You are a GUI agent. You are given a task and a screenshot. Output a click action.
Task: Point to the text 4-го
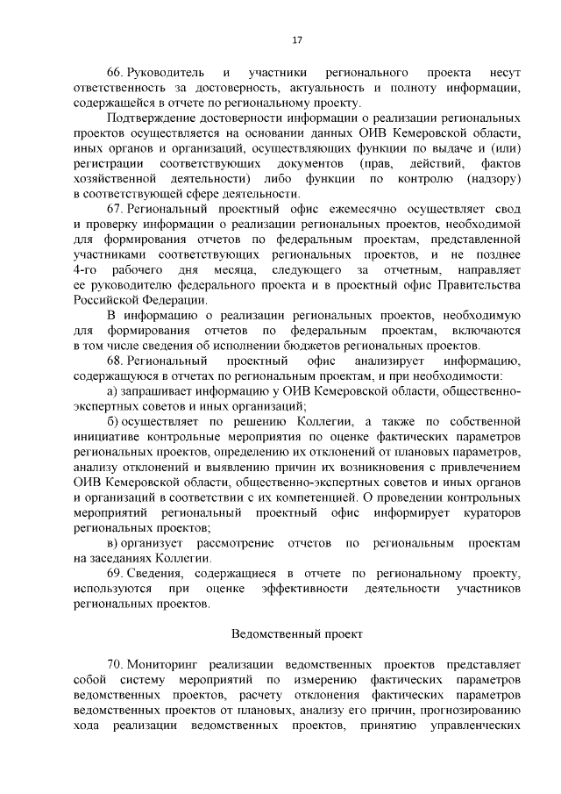(x=88, y=269)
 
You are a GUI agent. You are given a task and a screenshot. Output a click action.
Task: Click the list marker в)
(x=112, y=543)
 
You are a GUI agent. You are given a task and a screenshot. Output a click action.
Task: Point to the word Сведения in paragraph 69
(x=157, y=573)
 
